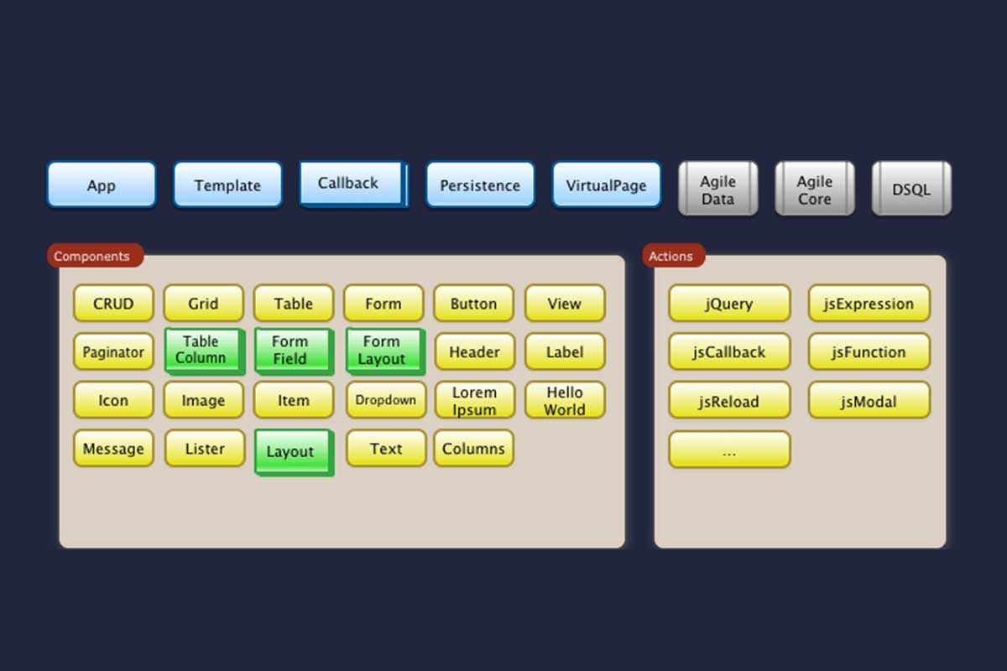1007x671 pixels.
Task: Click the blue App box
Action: (x=101, y=185)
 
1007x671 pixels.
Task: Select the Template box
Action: (x=227, y=185)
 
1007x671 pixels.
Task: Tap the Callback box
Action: (x=352, y=184)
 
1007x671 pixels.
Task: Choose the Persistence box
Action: (x=480, y=185)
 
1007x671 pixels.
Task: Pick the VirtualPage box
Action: (x=606, y=185)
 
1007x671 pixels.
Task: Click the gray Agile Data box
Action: (x=717, y=189)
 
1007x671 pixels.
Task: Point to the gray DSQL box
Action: (x=911, y=189)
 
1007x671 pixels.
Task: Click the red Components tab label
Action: (x=93, y=256)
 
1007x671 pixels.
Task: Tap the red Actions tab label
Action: (x=671, y=256)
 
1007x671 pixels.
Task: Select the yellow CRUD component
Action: (x=113, y=304)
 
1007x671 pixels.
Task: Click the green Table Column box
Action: (x=201, y=351)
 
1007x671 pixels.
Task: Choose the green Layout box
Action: (x=292, y=451)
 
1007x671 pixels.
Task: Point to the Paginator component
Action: (x=113, y=352)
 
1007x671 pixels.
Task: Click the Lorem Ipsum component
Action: (x=474, y=401)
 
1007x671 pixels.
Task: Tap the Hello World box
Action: (x=565, y=401)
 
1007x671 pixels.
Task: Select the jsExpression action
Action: (x=869, y=304)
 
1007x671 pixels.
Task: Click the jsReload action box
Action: (x=728, y=401)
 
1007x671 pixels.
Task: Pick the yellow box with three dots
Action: (x=728, y=450)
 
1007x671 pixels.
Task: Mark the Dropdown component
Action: (x=385, y=400)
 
